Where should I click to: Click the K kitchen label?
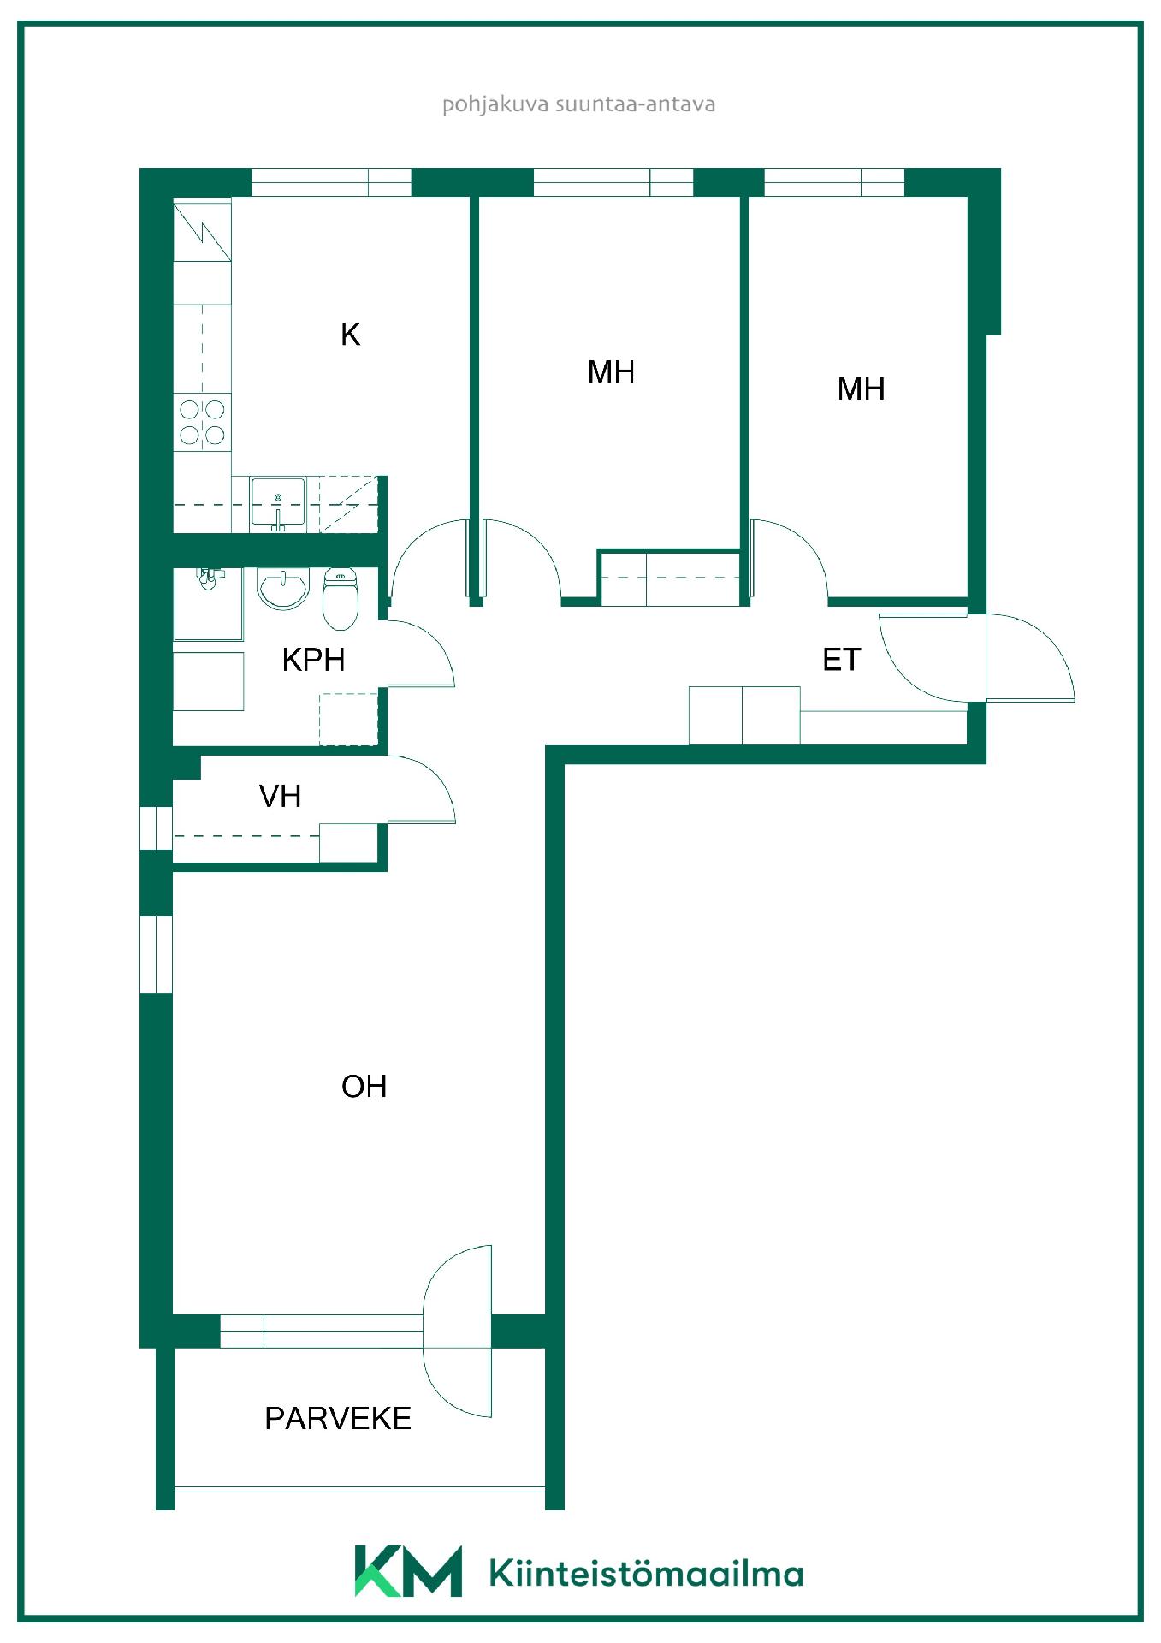[350, 334]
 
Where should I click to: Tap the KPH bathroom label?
[313, 660]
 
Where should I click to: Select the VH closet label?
[280, 797]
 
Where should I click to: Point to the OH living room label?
[364, 1087]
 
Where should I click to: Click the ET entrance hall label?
[841, 660]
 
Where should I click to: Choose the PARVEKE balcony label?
[338, 1418]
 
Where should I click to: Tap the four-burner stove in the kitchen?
[202, 423]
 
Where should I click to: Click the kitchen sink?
[277, 503]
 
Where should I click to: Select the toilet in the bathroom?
[340, 597]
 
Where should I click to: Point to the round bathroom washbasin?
[282, 588]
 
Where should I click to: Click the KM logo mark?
[408, 1570]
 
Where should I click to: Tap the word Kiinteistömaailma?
[646, 1573]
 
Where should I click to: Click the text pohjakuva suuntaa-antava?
[578, 104]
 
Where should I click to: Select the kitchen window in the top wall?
[331, 182]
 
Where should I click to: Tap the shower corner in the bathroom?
[208, 603]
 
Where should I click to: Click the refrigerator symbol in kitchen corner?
[202, 229]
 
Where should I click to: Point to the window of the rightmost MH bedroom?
[834, 182]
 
